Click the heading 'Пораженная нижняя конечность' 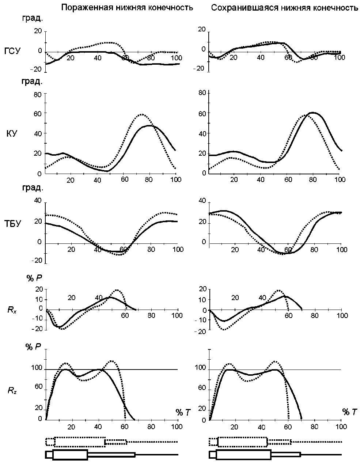127,8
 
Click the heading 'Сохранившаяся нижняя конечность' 284,8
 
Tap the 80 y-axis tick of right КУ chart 202,93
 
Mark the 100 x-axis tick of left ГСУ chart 177,58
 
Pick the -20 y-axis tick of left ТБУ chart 38,261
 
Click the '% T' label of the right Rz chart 349,412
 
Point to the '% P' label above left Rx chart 34,278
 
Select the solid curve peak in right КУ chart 312,113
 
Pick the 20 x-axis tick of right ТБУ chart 235,250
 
